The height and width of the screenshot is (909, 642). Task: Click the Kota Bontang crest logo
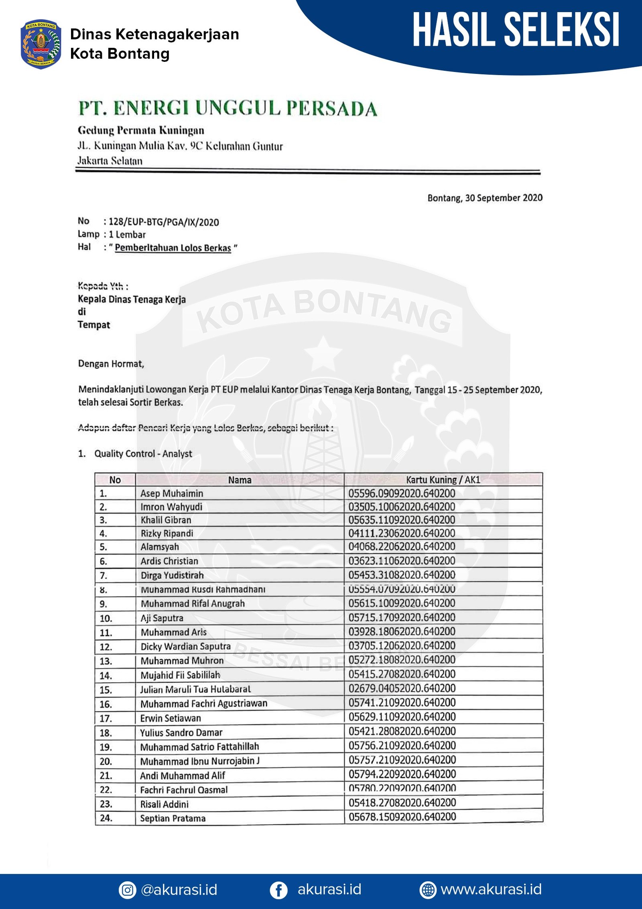(x=41, y=44)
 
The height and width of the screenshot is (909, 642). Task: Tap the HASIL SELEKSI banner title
(x=516, y=30)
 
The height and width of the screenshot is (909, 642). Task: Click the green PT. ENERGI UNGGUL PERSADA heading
(x=228, y=108)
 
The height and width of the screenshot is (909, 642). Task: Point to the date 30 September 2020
(x=504, y=198)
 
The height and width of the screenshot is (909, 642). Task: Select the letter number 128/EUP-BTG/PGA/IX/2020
(x=164, y=222)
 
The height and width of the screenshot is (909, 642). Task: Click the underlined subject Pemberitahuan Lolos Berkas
(x=173, y=248)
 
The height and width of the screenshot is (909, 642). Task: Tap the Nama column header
(x=240, y=480)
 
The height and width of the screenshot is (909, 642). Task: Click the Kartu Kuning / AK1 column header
(x=443, y=480)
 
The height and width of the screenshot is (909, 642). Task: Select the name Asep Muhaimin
(x=172, y=493)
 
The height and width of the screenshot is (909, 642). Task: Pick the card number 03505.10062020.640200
(x=402, y=507)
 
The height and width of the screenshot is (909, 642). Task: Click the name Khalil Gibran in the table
(x=166, y=520)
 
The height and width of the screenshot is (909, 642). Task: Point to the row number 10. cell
(x=106, y=618)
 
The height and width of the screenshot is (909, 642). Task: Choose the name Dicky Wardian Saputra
(x=185, y=646)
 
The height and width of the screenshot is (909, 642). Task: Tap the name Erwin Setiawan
(x=171, y=718)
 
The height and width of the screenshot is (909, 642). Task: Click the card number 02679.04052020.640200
(x=402, y=688)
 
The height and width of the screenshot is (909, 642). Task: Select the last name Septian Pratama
(x=173, y=818)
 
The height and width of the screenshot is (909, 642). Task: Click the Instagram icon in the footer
(x=127, y=890)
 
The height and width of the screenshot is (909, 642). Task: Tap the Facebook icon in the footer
(x=278, y=890)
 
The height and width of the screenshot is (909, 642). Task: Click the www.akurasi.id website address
(x=491, y=889)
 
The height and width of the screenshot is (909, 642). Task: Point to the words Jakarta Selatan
(x=110, y=161)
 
